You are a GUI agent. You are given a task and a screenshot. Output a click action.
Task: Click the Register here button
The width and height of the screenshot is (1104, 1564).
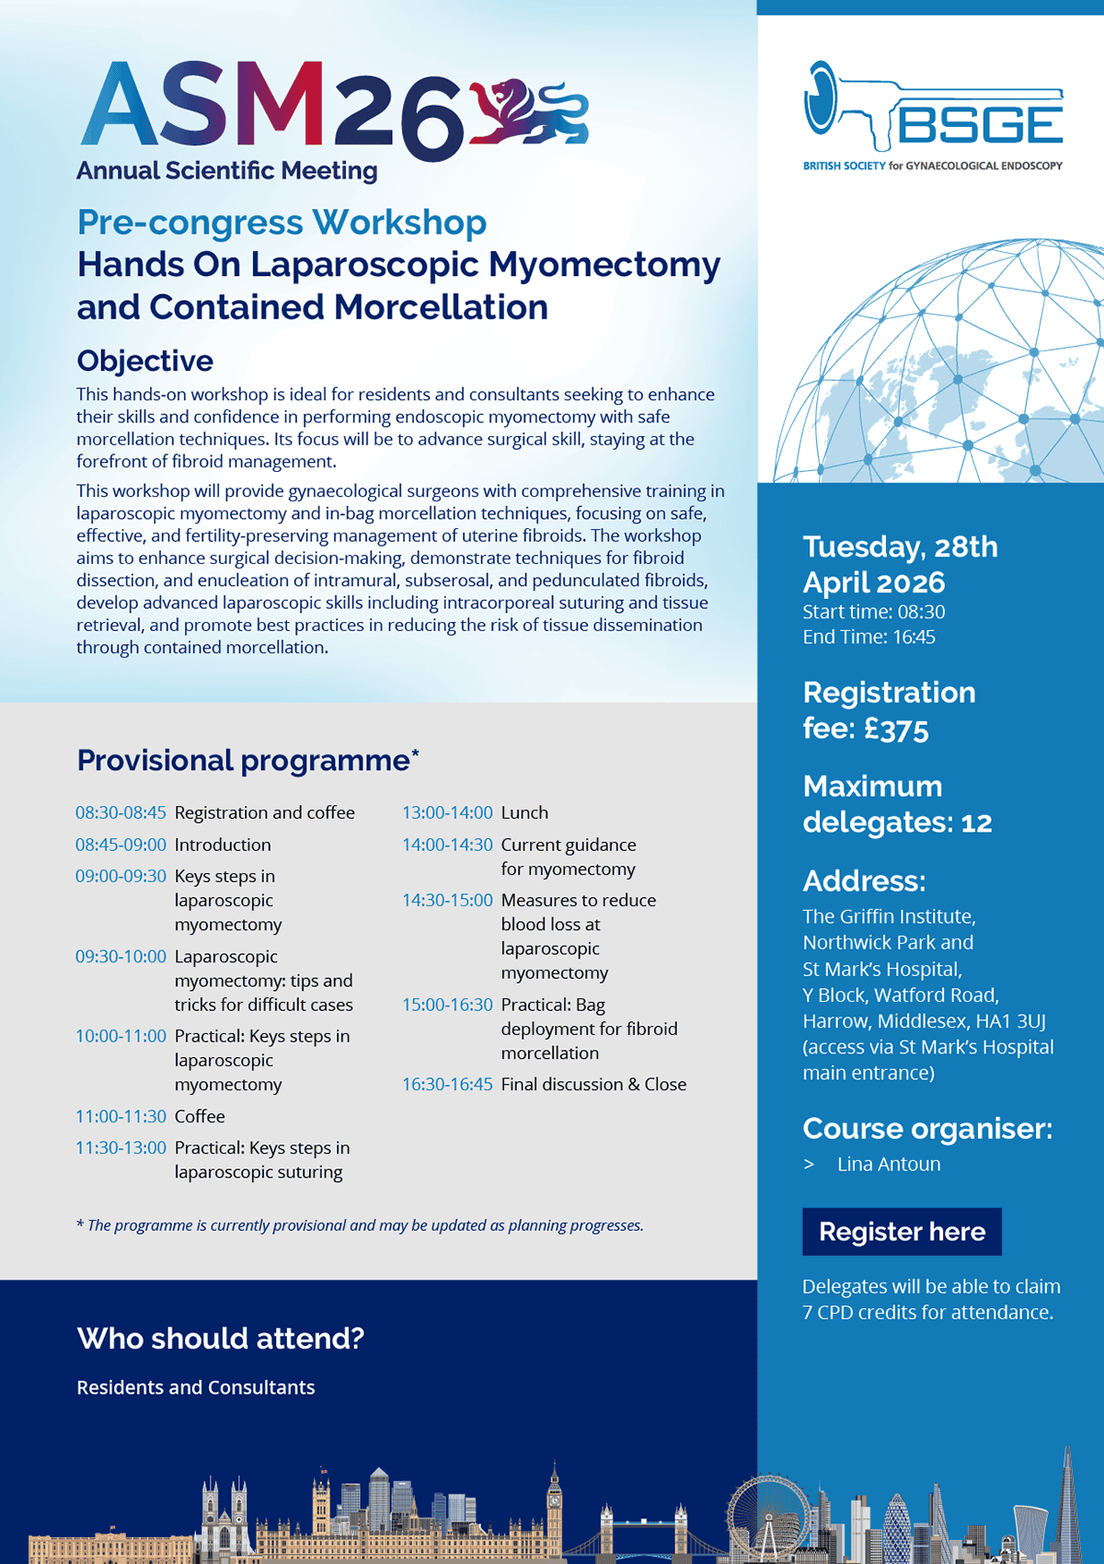[x=902, y=1231]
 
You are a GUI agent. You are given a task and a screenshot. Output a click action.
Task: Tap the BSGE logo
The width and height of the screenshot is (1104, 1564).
[x=933, y=115]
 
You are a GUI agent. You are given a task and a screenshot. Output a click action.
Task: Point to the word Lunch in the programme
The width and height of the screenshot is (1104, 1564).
[x=524, y=812]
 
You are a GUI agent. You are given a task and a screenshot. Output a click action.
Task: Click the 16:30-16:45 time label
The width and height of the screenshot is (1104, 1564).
[x=447, y=1084]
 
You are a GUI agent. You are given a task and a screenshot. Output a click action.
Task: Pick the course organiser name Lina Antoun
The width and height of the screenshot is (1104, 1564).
[x=889, y=1164]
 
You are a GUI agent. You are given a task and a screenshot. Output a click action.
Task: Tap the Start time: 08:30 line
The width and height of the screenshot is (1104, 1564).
[x=873, y=612]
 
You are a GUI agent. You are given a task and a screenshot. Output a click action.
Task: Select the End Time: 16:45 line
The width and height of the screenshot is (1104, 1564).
[x=868, y=637]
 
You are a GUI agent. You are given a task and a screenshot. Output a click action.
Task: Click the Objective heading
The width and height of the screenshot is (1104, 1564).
[x=144, y=361]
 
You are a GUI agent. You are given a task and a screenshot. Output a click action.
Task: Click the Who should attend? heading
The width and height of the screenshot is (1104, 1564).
[x=221, y=1338]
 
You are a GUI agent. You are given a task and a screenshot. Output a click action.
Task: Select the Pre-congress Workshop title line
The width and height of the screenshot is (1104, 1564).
[x=282, y=223]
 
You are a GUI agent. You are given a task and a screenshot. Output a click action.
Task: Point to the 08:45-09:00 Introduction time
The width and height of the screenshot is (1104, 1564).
[x=121, y=845]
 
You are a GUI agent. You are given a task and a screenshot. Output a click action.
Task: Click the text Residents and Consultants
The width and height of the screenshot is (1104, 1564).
[x=196, y=1387]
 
